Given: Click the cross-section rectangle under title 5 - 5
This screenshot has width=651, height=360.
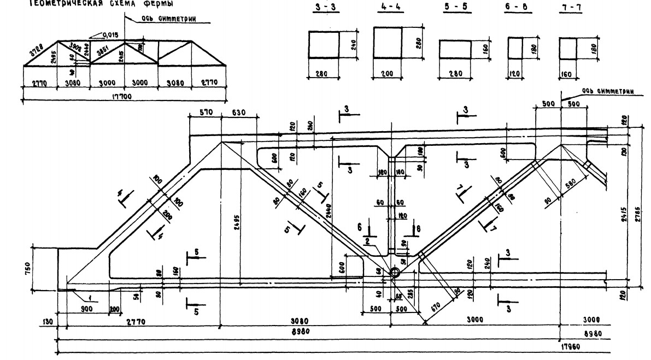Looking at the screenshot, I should click(x=455, y=49).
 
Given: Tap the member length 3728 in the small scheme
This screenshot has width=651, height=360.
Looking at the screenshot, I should click(x=37, y=51).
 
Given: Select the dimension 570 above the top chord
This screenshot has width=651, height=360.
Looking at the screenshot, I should click(x=204, y=113).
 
